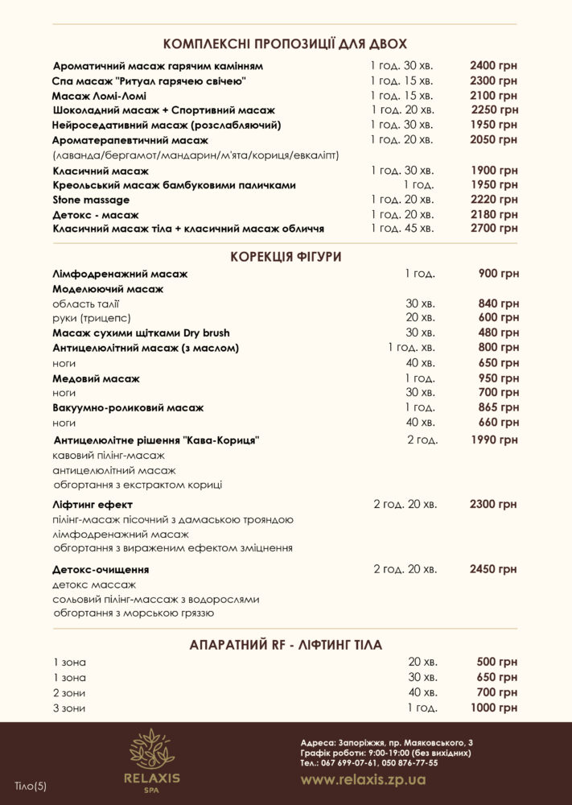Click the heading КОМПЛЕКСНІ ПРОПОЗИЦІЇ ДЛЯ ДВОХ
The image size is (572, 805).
pyautogui.click(x=285, y=43)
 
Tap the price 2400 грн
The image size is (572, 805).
pyautogui.click(x=494, y=65)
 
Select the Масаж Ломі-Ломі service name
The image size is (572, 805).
pyautogui.click(x=99, y=96)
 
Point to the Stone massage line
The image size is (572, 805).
pyautogui.click(x=90, y=200)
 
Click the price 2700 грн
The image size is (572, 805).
pyautogui.click(x=494, y=229)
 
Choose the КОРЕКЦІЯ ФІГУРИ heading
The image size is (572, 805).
pyautogui.click(x=286, y=257)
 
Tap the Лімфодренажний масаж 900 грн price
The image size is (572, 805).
pyautogui.click(x=498, y=274)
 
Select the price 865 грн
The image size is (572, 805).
pyautogui.click(x=499, y=407)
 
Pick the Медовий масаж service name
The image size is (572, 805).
pyautogui.click(x=96, y=378)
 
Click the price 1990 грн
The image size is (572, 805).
pyautogui.click(x=494, y=440)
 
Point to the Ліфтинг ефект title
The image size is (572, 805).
pyautogui.click(x=92, y=505)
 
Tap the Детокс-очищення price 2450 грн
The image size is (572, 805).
pyautogui.click(x=493, y=569)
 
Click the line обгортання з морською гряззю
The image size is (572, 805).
pyautogui.click(x=133, y=614)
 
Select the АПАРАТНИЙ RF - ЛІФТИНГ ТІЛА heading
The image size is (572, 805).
pyautogui.click(x=286, y=645)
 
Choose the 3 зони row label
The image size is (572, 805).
pyautogui.click(x=68, y=708)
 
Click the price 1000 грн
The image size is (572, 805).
pyautogui.click(x=494, y=708)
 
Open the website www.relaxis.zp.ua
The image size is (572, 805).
pyautogui.click(x=364, y=780)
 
